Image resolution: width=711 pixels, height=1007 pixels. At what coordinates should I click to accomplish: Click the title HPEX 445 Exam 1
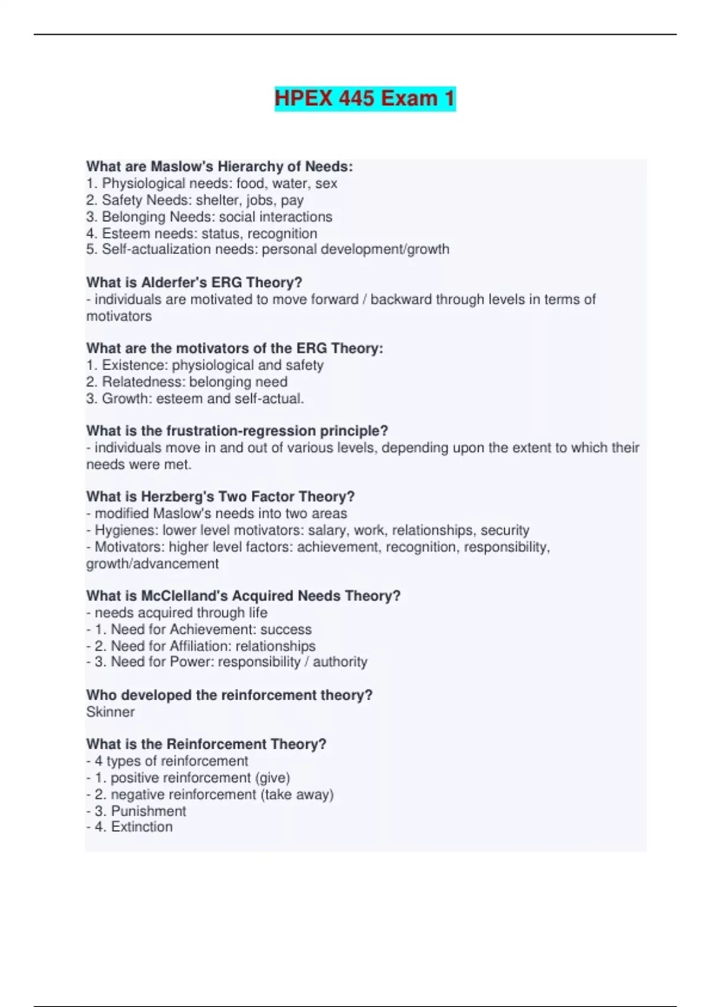pyautogui.click(x=364, y=98)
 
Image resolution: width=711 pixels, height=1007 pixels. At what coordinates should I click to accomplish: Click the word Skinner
pyautogui.click(x=110, y=712)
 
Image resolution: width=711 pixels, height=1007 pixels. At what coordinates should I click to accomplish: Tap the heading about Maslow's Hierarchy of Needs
pyautogui.click(x=219, y=166)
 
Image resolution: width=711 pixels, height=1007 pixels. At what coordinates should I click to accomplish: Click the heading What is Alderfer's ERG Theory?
pyautogui.click(x=194, y=283)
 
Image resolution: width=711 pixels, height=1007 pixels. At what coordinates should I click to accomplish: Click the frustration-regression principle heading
pyautogui.click(x=237, y=431)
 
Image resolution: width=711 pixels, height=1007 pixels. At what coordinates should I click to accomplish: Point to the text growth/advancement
pyautogui.click(x=152, y=564)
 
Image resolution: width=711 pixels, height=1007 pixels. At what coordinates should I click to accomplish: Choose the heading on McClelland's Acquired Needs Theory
pyautogui.click(x=243, y=596)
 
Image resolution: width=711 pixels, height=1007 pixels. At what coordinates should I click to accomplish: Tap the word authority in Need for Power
pyautogui.click(x=340, y=662)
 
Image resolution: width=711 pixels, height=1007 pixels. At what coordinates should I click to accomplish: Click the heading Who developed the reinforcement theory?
pyautogui.click(x=229, y=695)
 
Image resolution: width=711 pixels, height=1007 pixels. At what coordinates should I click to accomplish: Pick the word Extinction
pyautogui.click(x=142, y=827)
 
